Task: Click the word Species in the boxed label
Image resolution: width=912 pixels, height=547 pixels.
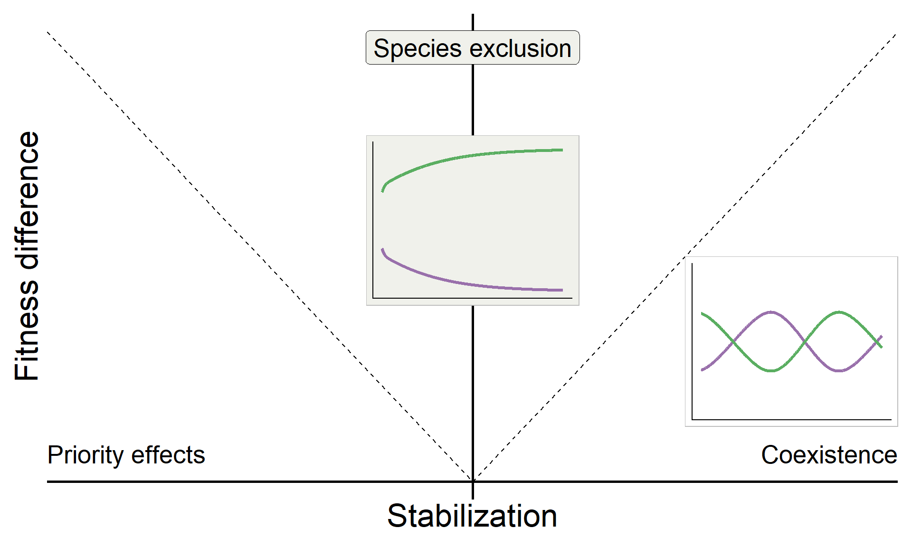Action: tap(418, 49)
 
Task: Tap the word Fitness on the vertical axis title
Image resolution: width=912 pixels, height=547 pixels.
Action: tap(27, 330)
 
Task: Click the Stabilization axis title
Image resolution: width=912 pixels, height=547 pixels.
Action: tap(472, 516)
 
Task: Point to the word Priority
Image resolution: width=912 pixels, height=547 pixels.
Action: tap(85, 455)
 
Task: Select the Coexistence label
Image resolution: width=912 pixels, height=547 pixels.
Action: tap(829, 455)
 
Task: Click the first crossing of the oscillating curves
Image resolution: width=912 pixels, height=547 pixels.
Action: tap(734, 341)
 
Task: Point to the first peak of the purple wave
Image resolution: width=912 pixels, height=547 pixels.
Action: tap(771, 312)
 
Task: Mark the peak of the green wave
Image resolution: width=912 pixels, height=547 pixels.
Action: tap(839, 312)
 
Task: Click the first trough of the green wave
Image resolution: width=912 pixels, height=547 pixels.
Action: tap(771, 370)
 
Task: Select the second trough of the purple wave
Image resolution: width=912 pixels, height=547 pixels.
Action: tap(839, 370)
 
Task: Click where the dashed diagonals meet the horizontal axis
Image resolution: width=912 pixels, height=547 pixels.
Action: tap(473, 481)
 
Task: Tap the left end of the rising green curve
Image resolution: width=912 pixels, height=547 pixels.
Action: tap(382, 191)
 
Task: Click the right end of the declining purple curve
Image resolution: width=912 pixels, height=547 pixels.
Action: tap(562, 290)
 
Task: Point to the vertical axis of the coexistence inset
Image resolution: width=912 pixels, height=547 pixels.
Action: tap(693, 341)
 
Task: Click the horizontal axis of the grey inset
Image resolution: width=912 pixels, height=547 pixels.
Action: tap(473, 298)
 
